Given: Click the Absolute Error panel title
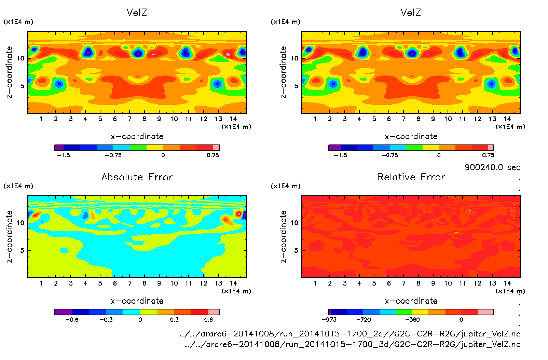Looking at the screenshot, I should tap(137, 177).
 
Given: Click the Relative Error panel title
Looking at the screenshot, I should tap(411, 177).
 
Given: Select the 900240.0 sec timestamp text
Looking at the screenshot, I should tap(492, 167).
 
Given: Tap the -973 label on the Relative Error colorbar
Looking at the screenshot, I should tap(329, 320).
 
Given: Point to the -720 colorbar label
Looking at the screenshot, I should tap(364, 320).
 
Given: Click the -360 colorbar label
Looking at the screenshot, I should tap(412, 320).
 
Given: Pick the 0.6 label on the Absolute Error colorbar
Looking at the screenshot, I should tap(208, 320).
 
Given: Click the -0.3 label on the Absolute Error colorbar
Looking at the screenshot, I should tap(106, 320).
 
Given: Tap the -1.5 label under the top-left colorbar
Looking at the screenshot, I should tap(64, 155).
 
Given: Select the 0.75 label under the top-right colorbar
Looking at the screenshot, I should tap(488, 155).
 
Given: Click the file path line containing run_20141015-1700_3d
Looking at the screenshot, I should tap(352, 344).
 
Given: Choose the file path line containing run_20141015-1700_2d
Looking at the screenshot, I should tap(350, 334).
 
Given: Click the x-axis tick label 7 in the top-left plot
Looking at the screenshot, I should tap(129, 119).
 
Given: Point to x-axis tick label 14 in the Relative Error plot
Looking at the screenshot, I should tap(507, 283).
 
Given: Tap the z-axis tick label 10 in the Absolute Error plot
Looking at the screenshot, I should tap(21, 223).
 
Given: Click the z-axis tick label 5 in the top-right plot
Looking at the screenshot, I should tap(296, 86).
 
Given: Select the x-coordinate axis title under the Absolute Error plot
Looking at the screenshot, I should tap(137, 301).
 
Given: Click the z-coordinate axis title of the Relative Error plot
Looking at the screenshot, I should tap(283, 236).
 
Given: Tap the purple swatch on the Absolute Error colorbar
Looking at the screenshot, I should tap(63, 312).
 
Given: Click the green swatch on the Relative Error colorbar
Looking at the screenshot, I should tap(404, 312).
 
